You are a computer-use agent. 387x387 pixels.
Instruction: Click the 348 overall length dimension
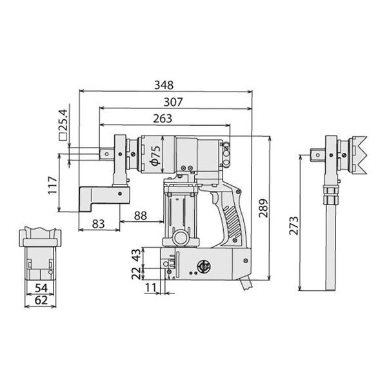(x=164, y=85)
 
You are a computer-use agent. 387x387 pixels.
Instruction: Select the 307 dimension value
(x=173, y=102)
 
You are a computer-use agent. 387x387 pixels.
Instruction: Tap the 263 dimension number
(x=163, y=119)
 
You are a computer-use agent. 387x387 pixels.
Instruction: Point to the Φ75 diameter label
(x=155, y=155)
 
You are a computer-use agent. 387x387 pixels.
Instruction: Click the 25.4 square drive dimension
(x=63, y=120)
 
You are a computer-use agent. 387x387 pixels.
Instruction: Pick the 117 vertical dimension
(x=53, y=185)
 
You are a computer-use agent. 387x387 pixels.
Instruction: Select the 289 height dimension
(x=263, y=208)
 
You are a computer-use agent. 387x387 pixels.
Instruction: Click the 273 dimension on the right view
(x=294, y=226)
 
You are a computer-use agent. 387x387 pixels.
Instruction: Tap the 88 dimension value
(x=141, y=215)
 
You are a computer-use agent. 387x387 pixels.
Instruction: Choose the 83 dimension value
(x=98, y=224)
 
